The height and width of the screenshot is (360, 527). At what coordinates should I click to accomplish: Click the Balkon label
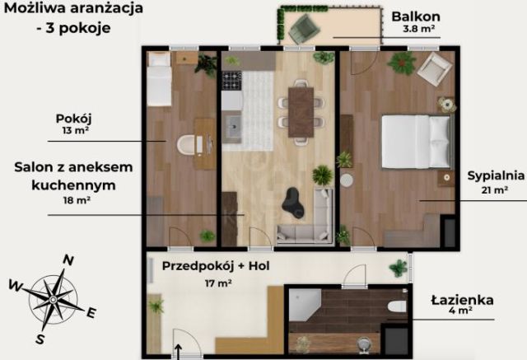click(x=416, y=16)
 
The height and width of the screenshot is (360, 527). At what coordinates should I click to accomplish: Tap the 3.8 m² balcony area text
click(x=419, y=29)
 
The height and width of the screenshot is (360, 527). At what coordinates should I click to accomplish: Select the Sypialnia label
click(x=496, y=175)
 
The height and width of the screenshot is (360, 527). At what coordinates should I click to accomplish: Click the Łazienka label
click(x=462, y=300)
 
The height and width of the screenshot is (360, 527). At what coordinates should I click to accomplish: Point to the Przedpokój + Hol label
click(x=216, y=266)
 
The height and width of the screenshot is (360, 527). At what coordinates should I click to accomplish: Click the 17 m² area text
click(x=218, y=283)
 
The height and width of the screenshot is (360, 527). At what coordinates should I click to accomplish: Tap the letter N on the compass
click(x=68, y=260)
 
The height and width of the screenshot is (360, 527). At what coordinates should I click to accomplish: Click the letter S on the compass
click(x=40, y=339)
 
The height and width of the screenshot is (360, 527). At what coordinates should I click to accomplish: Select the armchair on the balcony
click(x=304, y=28)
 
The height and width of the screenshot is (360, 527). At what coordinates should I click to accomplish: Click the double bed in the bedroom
click(x=416, y=142)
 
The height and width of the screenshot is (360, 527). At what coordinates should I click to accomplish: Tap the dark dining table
click(x=301, y=112)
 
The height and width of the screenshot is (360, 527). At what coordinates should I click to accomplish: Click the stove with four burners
click(x=231, y=81)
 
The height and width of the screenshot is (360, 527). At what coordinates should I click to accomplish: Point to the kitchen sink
click(x=233, y=126)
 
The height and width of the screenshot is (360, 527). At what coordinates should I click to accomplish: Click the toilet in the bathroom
click(x=397, y=306)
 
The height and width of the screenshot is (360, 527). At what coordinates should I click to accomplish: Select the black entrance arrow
click(x=178, y=352)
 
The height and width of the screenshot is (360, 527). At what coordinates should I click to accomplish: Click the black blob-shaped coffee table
click(x=292, y=203)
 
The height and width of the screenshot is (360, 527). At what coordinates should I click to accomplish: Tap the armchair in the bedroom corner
click(x=434, y=69)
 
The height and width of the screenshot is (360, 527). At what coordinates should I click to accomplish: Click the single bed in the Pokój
click(x=160, y=79)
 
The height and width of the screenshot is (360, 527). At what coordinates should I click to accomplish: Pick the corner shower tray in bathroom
click(x=305, y=305)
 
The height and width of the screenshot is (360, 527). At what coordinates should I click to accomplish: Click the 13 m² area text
click(x=75, y=131)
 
